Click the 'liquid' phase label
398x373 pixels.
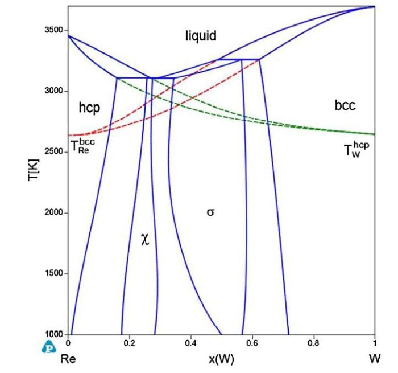pyautogui.click(x=201, y=36)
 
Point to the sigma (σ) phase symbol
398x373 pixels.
pyautogui.click(x=210, y=213)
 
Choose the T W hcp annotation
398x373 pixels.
pyautogui.click(x=356, y=150)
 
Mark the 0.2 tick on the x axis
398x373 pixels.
pyautogui.click(x=129, y=343)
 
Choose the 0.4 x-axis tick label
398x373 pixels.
pyautogui.click(x=190, y=343)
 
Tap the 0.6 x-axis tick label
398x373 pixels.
pyautogui.click(x=252, y=343)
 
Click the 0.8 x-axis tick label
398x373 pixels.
pyautogui.click(x=313, y=343)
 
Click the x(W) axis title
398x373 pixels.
pyautogui.click(x=222, y=359)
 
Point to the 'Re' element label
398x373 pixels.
pyautogui.click(x=69, y=359)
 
